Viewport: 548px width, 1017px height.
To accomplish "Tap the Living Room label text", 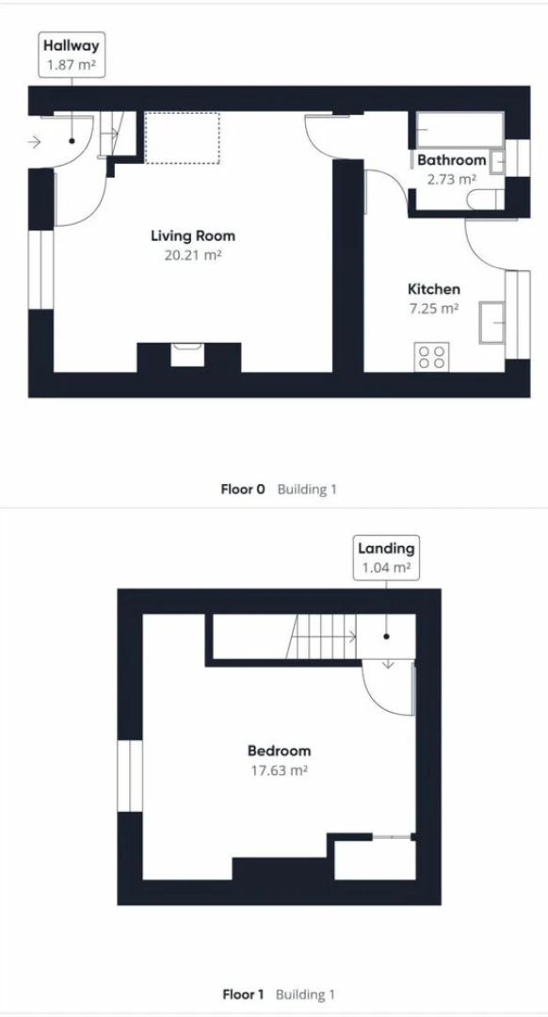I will (193, 235).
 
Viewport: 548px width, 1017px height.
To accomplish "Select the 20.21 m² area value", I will (193, 254).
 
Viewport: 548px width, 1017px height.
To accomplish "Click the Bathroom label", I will (452, 160).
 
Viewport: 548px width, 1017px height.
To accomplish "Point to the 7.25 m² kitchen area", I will (433, 308).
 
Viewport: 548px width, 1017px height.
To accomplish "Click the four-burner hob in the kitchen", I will (432, 356).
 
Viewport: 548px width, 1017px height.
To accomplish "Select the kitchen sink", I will (492, 321).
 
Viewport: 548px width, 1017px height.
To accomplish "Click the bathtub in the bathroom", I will (459, 129).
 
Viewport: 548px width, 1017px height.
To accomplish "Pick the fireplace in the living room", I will (188, 355).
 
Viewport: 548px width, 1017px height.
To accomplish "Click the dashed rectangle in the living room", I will (182, 137).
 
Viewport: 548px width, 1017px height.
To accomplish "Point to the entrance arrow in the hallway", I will (35, 142).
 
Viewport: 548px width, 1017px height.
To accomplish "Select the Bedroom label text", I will (279, 751).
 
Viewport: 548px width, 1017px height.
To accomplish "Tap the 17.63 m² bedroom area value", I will (279, 769).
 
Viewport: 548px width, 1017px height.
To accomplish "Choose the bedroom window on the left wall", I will (128, 775).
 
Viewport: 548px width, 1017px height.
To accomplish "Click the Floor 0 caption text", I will (243, 490).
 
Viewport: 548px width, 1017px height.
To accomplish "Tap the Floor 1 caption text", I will (243, 994).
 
